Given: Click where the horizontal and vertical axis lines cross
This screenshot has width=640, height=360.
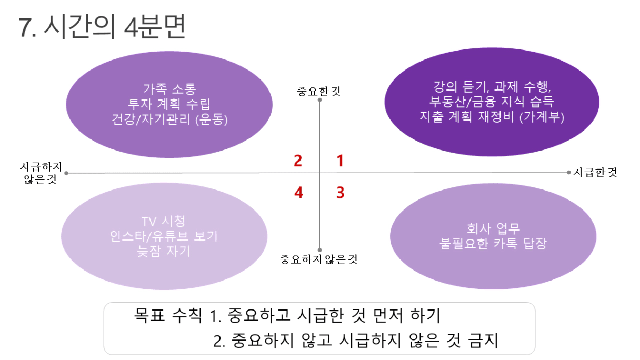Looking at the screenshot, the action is [319, 173].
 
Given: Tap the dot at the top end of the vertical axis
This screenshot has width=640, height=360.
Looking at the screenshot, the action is [319, 100].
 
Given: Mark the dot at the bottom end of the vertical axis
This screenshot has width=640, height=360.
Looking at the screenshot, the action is [319, 250].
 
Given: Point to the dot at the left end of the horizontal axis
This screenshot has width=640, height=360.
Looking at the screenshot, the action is [66, 173].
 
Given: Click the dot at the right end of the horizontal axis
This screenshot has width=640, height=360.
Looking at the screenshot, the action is [568, 172].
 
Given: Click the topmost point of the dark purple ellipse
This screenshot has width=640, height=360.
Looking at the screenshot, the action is [492, 48].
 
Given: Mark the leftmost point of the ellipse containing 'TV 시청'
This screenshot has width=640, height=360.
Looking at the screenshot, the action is [61, 236].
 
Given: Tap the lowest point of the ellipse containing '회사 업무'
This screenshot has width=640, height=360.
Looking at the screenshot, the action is [493, 289].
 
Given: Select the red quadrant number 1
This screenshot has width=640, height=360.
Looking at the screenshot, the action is [340, 161].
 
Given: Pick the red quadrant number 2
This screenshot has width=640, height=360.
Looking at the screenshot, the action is [298, 161].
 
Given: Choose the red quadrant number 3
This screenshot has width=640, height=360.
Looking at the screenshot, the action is [341, 192].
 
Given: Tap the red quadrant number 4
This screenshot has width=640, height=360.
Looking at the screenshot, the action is [298, 192].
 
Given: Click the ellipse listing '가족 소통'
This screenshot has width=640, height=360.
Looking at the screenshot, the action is [169, 105].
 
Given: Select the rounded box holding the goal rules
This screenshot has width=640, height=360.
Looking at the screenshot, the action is [319, 328].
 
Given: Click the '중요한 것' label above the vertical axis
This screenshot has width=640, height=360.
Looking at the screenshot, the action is [318, 92].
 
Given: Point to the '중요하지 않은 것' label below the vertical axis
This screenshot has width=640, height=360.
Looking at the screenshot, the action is [318, 259].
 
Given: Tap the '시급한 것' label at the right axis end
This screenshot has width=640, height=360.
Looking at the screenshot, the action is [595, 172].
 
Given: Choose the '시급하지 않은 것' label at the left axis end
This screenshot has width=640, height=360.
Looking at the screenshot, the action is [41, 173].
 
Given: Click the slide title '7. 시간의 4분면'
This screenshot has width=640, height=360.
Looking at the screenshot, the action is [102, 26].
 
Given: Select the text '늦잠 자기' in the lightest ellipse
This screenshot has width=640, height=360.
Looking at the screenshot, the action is [164, 251].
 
